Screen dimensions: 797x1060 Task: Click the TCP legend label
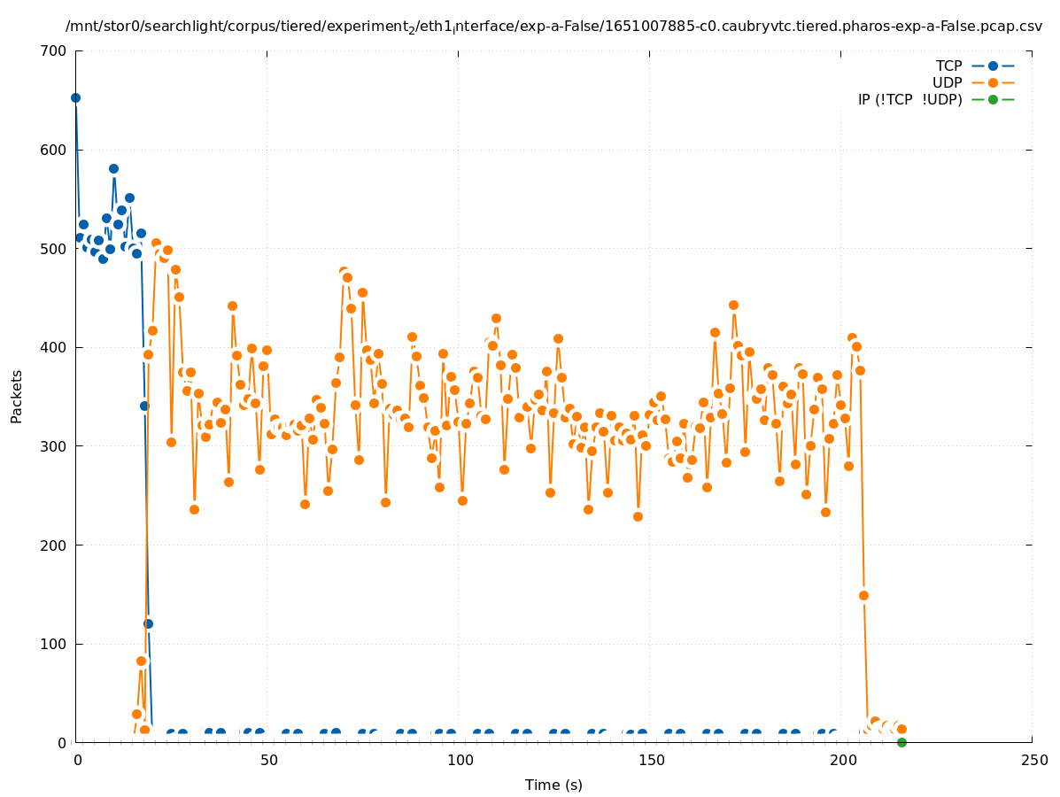click(x=948, y=66)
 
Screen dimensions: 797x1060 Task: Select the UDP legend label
click(x=948, y=82)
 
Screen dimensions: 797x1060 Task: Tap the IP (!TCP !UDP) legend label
click(x=909, y=99)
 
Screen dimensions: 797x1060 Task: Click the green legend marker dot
click(x=993, y=99)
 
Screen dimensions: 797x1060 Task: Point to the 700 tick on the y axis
click(x=54, y=50)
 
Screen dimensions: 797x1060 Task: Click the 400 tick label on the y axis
click(x=54, y=347)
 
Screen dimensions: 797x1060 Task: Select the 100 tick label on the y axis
click(x=54, y=644)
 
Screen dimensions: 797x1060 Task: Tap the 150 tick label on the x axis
click(x=650, y=760)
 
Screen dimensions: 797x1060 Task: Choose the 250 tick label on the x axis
click(x=1033, y=760)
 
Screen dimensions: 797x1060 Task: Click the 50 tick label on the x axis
click(x=267, y=760)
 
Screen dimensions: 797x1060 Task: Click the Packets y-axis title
click(x=17, y=396)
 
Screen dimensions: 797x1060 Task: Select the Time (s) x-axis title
click(x=553, y=785)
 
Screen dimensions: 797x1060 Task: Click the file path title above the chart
click(x=553, y=27)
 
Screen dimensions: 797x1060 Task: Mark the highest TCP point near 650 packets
click(x=75, y=97)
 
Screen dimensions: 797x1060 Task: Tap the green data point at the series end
click(x=901, y=742)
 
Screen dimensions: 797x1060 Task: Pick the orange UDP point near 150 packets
click(x=863, y=595)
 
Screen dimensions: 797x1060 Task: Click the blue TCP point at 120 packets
click(x=148, y=623)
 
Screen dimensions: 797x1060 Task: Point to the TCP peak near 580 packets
click(x=113, y=168)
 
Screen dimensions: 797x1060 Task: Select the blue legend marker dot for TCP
click(x=993, y=66)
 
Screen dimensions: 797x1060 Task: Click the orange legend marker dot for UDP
click(x=993, y=82)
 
